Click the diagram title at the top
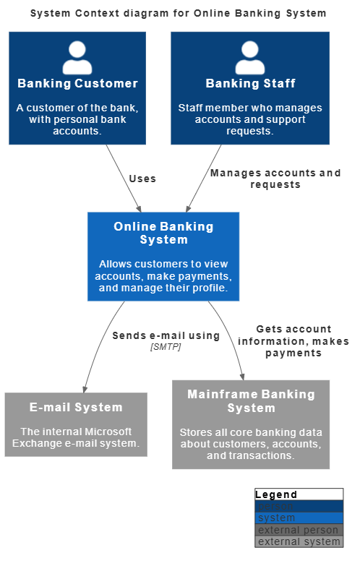point(178,13)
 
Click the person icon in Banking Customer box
point(77,57)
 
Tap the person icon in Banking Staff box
point(250,57)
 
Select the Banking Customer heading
point(77,83)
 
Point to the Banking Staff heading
point(251,83)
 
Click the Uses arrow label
point(142,179)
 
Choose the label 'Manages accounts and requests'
point(275,179)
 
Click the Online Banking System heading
point(163,233)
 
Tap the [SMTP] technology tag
point(166,347)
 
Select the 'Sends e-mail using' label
point(166,335)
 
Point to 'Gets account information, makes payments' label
point(293,340)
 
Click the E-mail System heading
point(76,407)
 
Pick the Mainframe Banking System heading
point(251,401)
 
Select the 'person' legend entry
point(275,506)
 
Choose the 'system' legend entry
point(277,518)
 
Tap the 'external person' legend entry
point(299,530)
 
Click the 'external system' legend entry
point(299,541)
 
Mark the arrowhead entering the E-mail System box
point(85,389)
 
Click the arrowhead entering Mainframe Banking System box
point(242,376)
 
